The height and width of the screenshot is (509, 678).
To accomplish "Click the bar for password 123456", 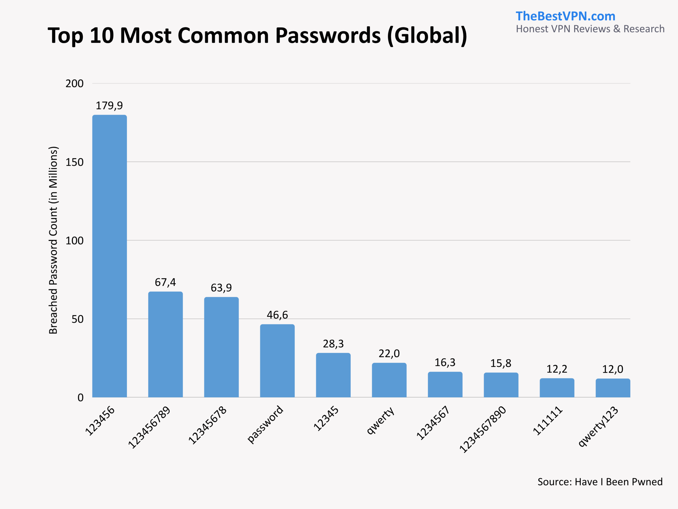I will tap(109, 256).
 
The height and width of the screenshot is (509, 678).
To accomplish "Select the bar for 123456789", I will tap(166, 344).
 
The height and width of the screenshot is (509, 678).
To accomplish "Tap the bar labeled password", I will tap(277, 361).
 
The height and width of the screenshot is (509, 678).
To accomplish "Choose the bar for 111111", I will tap(557, 388).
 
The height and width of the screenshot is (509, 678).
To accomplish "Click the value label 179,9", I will tap(109, 106).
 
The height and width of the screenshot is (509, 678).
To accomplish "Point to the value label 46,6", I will tap(277, 315).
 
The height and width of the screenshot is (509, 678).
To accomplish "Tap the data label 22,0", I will tap(389, 353).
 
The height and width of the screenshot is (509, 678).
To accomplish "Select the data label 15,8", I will tap(501, 363).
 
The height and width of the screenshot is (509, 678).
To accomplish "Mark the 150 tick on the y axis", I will tap(74, 162).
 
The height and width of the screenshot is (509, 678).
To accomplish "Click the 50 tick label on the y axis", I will tap(78, 319).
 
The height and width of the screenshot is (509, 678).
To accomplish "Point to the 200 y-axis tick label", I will tap(74, 84).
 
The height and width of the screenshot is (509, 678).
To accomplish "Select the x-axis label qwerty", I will tap(381, 420).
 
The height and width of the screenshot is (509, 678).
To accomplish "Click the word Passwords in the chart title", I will tap(328, 35).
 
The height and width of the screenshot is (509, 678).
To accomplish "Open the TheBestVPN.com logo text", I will tap(565, 16).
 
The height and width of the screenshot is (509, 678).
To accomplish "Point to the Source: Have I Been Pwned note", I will tap(600, 482).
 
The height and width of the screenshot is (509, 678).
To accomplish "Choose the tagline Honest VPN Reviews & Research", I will tap(590, 29).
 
